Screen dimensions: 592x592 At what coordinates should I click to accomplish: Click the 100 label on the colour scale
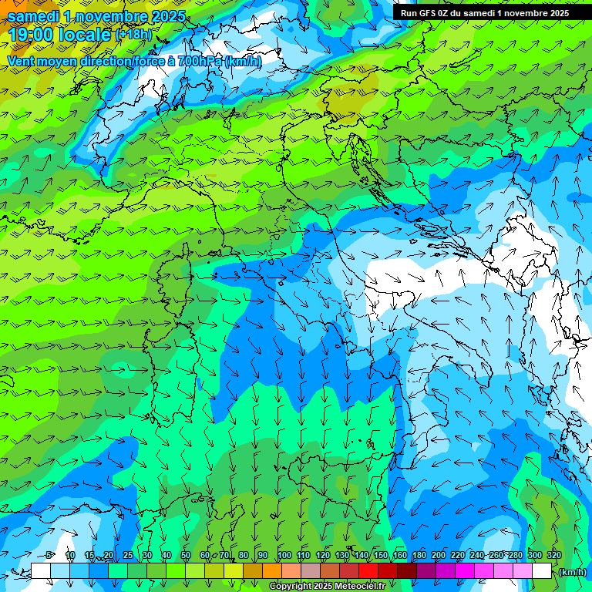[x=284, y=556]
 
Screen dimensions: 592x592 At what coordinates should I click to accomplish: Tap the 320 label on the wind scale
[x=554, y=556]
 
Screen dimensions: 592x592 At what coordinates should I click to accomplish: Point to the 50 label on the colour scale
[x=186, y=556]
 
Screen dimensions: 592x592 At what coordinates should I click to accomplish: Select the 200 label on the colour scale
[x=439, y=556]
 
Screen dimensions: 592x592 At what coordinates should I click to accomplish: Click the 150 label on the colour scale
[x=381, y=556]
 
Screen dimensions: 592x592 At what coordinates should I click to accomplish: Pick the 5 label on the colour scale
[x=49, y=556]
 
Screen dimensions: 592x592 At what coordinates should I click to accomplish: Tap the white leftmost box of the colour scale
[x=41, y=571]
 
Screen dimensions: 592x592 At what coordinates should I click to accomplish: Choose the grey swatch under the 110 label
[x=310, y=571]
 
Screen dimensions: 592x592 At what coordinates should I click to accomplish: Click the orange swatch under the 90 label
[x=271, y=571]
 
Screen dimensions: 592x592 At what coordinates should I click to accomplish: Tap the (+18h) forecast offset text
[x=133, y=35]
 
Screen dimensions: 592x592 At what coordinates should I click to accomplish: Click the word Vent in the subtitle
[x=21, y=61]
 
